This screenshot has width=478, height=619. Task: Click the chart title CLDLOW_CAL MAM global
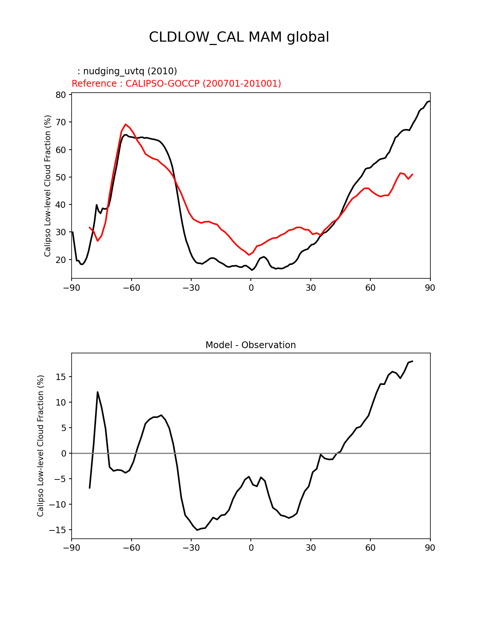(239, 37)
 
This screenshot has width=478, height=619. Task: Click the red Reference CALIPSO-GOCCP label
(176, 84)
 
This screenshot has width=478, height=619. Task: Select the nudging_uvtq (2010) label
(127, 71)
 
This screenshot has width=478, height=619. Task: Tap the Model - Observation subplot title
(250, 345)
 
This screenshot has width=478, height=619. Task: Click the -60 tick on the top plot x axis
(131, 288)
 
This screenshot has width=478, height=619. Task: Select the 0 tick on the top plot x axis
(251, 288)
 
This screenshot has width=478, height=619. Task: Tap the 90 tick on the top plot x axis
(430, 288)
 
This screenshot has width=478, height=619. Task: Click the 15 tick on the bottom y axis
(61, 377)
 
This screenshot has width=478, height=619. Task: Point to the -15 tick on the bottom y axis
(58, 530)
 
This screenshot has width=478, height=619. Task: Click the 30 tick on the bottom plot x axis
(310, 548)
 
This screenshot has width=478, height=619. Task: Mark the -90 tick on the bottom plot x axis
(72, 548)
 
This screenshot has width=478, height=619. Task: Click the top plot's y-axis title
(48, 186)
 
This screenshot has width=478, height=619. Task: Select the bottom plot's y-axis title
(40, 446)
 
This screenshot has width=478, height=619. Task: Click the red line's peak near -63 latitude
(126, 124)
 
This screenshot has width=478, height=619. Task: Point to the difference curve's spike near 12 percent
(97, 392)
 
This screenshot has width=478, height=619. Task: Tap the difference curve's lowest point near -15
(197, 530)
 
